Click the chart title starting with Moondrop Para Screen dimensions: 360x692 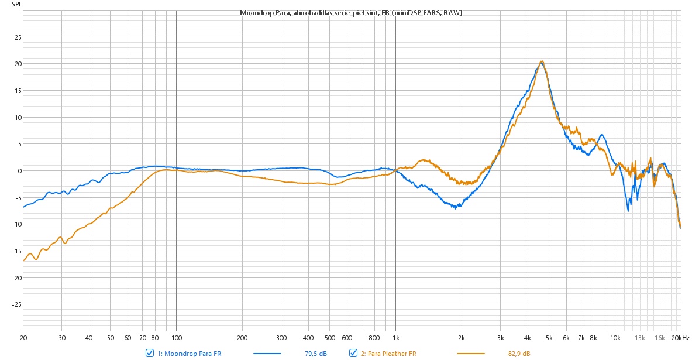tap(351, 13)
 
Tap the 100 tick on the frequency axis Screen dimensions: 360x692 tap(177, 338)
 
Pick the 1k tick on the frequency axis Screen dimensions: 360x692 tap(395, 338)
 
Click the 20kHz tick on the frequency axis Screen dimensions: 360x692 tap(680, 338)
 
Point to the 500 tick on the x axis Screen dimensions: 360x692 tap(330, 338)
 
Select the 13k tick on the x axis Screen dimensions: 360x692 tap(641, 338)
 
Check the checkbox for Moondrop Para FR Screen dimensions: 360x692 tap(150, 353)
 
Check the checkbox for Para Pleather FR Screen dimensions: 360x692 tap(353, 353)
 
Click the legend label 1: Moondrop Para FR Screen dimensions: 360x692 tap(190, 353)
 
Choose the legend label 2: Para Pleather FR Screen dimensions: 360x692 tap(388, 353)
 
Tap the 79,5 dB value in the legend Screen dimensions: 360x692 tap(316, 353)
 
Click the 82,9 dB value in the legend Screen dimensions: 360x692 tap(519, 353)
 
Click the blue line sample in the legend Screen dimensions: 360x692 tap(267, 353)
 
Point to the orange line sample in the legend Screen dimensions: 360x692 tap(470, 353)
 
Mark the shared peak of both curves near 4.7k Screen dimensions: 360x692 tap(542, 61)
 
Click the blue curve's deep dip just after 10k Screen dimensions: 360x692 tap(628, 210)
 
